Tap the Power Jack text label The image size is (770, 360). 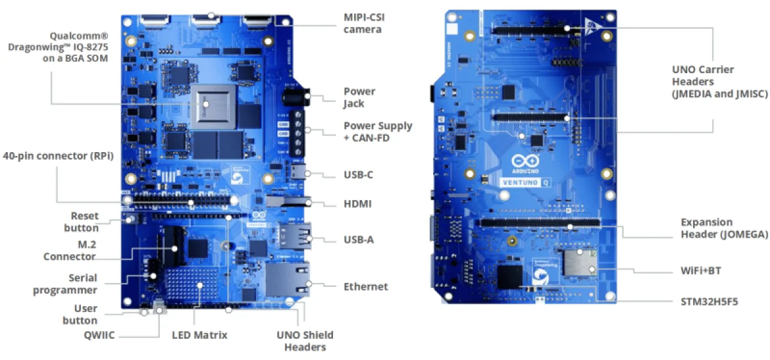coord(359,98)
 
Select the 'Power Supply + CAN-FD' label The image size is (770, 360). coord(378,132)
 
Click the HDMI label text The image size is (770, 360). coord(358,204)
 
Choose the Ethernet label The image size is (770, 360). coord(366,286)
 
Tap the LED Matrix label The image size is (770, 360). coord(200,334)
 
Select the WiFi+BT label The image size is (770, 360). coord(701,271)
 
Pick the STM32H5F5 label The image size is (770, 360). coord(708,300)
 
